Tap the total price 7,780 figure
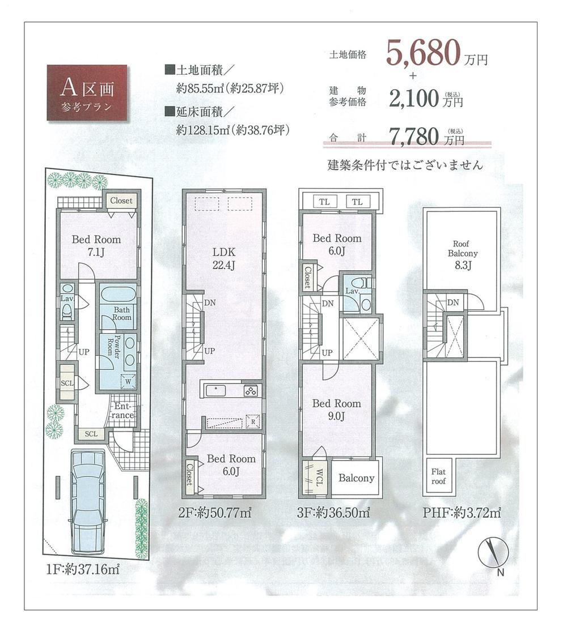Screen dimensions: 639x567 (416, 136)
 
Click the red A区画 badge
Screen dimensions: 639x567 (87, 92)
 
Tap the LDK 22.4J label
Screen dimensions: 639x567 (224, 258)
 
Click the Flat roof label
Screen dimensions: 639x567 (438, 476)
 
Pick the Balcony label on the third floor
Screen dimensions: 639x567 (356, 478)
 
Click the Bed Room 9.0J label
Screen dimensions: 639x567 (336, 410)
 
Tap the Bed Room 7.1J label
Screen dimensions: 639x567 (96, 245)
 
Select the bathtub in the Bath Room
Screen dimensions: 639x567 (118, 295)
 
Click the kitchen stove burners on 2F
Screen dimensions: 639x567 (251, 390)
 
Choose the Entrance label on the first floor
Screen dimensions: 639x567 (123, 411)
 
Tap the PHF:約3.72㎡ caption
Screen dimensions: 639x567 (462, 514)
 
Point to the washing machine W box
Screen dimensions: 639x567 (128, 381)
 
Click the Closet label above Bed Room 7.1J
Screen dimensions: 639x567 (121, 201)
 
